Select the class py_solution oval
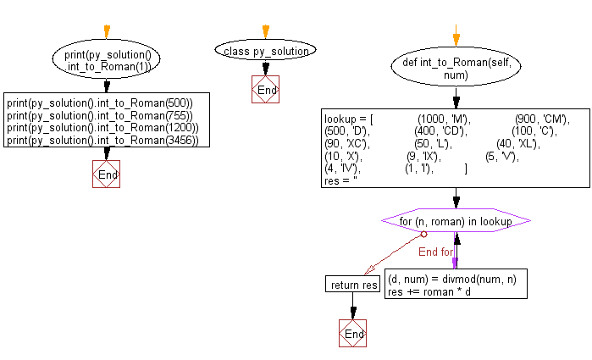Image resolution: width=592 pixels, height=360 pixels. (x=266, y=52)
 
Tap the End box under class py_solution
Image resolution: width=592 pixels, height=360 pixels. (x=266, y=90)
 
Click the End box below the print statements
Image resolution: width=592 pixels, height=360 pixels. (x=106, y=174)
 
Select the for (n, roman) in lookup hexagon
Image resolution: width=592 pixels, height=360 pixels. (x=456, y=221)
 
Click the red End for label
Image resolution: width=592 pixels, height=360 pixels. (x=436, y=252)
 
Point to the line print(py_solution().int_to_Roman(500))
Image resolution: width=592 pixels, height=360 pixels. (x=100, y=103)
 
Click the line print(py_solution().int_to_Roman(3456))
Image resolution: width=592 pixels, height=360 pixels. (x=102, y=140)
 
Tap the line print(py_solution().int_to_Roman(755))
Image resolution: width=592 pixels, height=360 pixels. (x=100, y=115)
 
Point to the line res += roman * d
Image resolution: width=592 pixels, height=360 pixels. (x=429, y=291)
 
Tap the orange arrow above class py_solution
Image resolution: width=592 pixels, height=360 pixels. (x=266, y=32)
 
